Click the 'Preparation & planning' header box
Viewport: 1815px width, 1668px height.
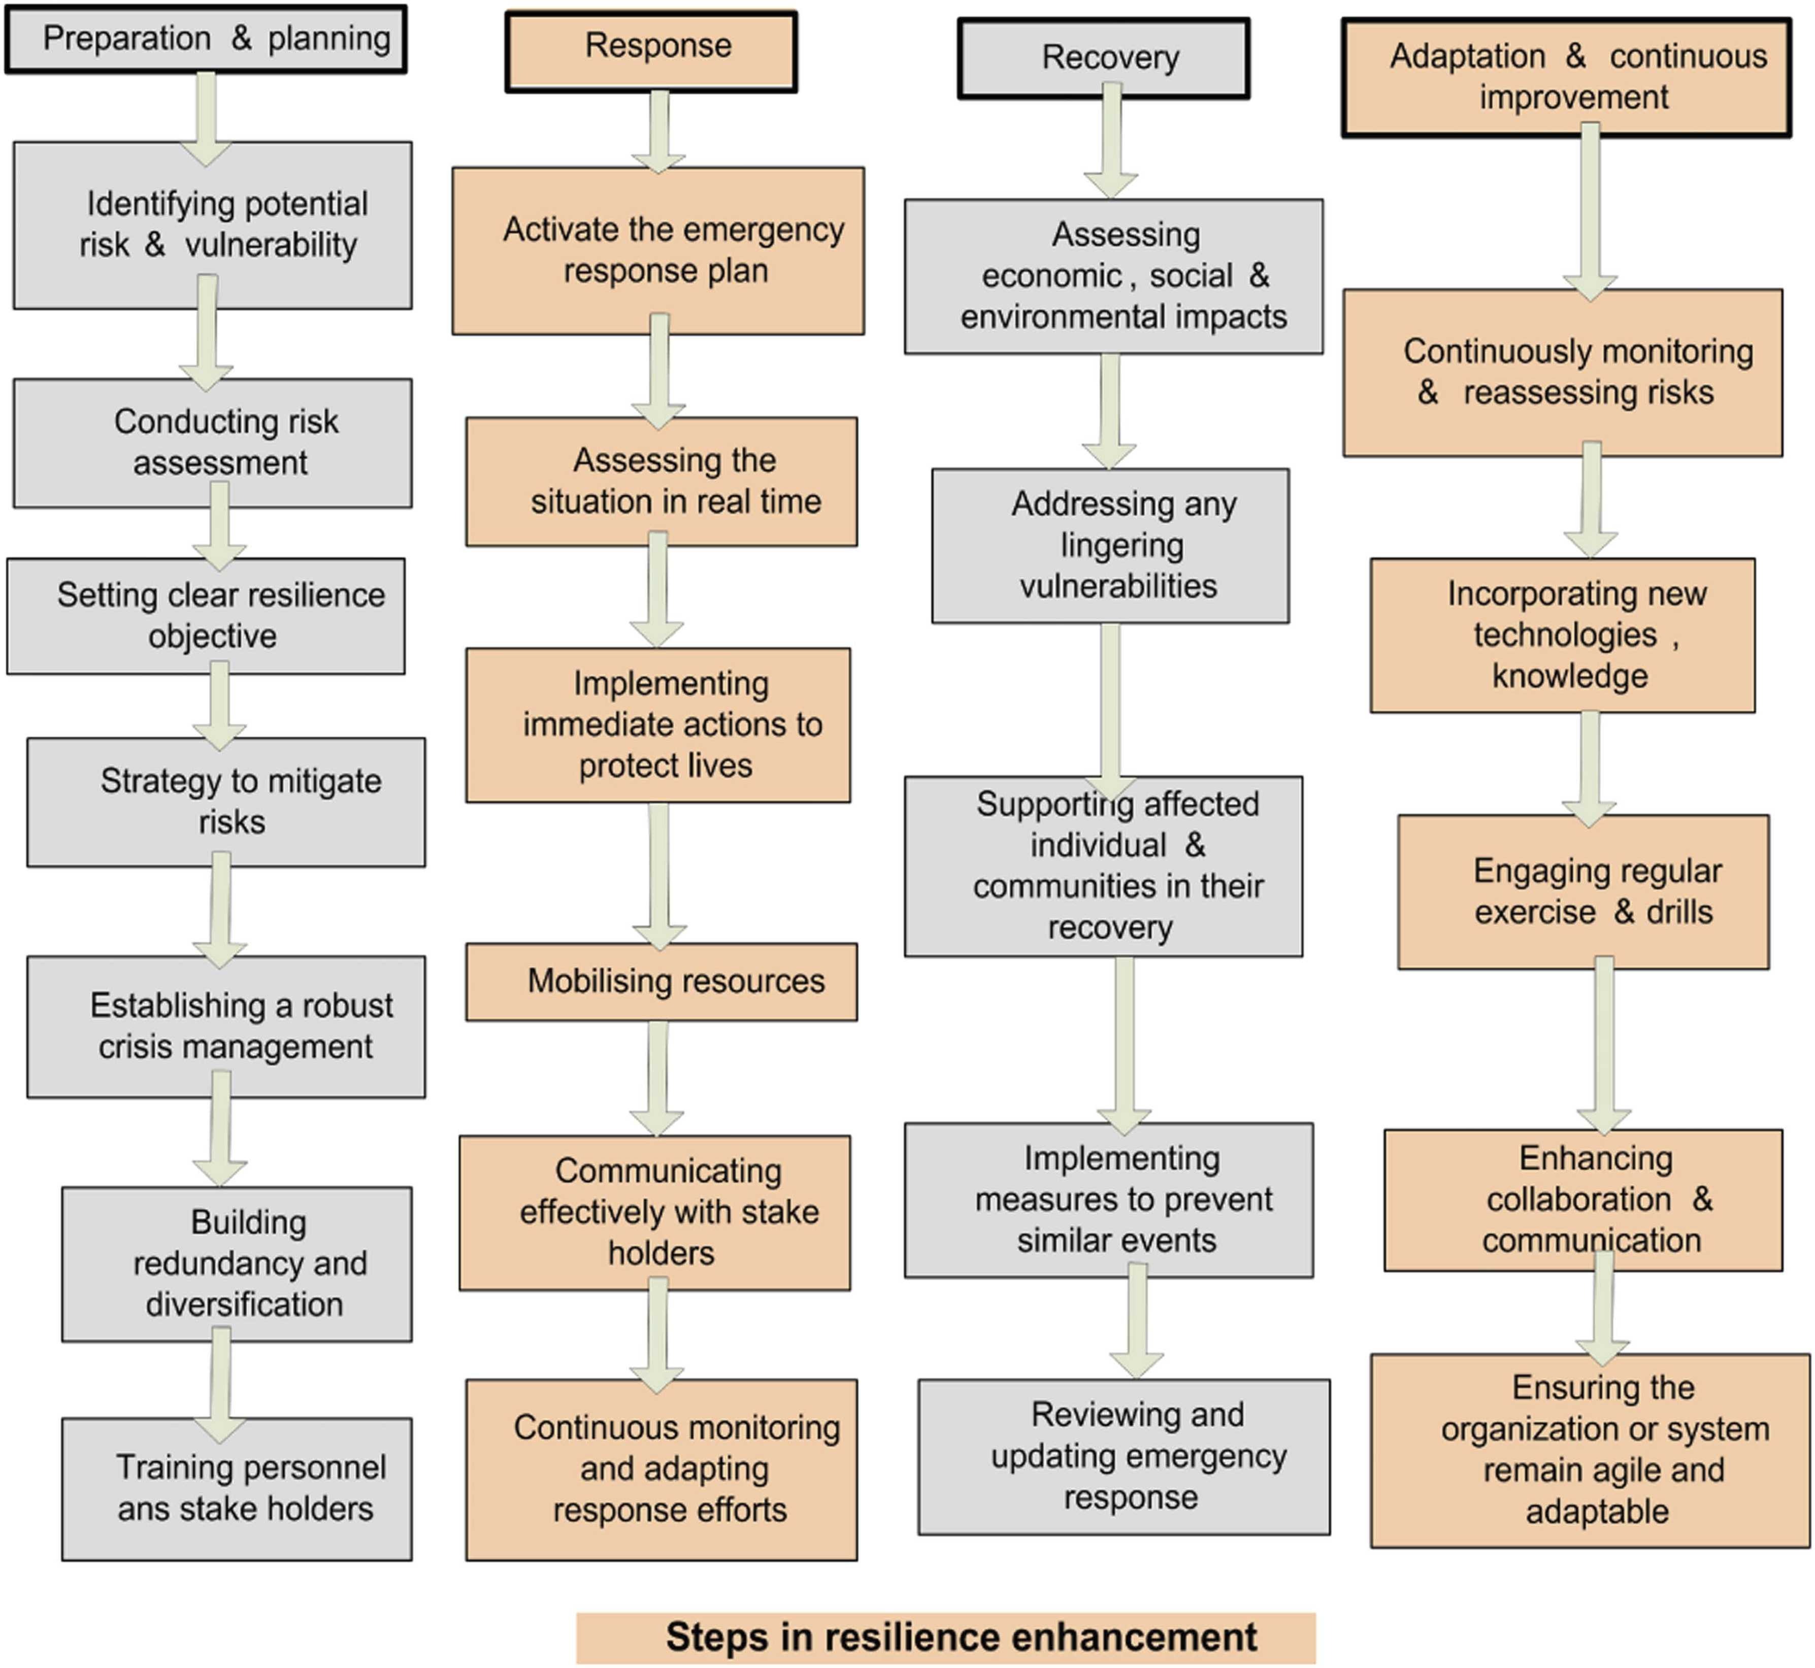pyautogui.click(x=206, y=39)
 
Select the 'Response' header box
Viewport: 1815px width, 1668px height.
pyautogui.click(x=651, y=51)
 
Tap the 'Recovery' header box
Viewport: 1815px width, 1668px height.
pyautogui.click(x=1104, y=58)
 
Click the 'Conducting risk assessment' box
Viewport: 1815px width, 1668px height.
pyautogui.click(x=213, y=442)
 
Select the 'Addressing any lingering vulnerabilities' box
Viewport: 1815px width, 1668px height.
pyautogui.click(x=1110, y=545)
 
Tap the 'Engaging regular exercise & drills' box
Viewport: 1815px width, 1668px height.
pyautogui.click(x=1583, y=892)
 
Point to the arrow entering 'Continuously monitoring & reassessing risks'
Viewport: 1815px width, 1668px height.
pyautogui.click(x=1590, y=212)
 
